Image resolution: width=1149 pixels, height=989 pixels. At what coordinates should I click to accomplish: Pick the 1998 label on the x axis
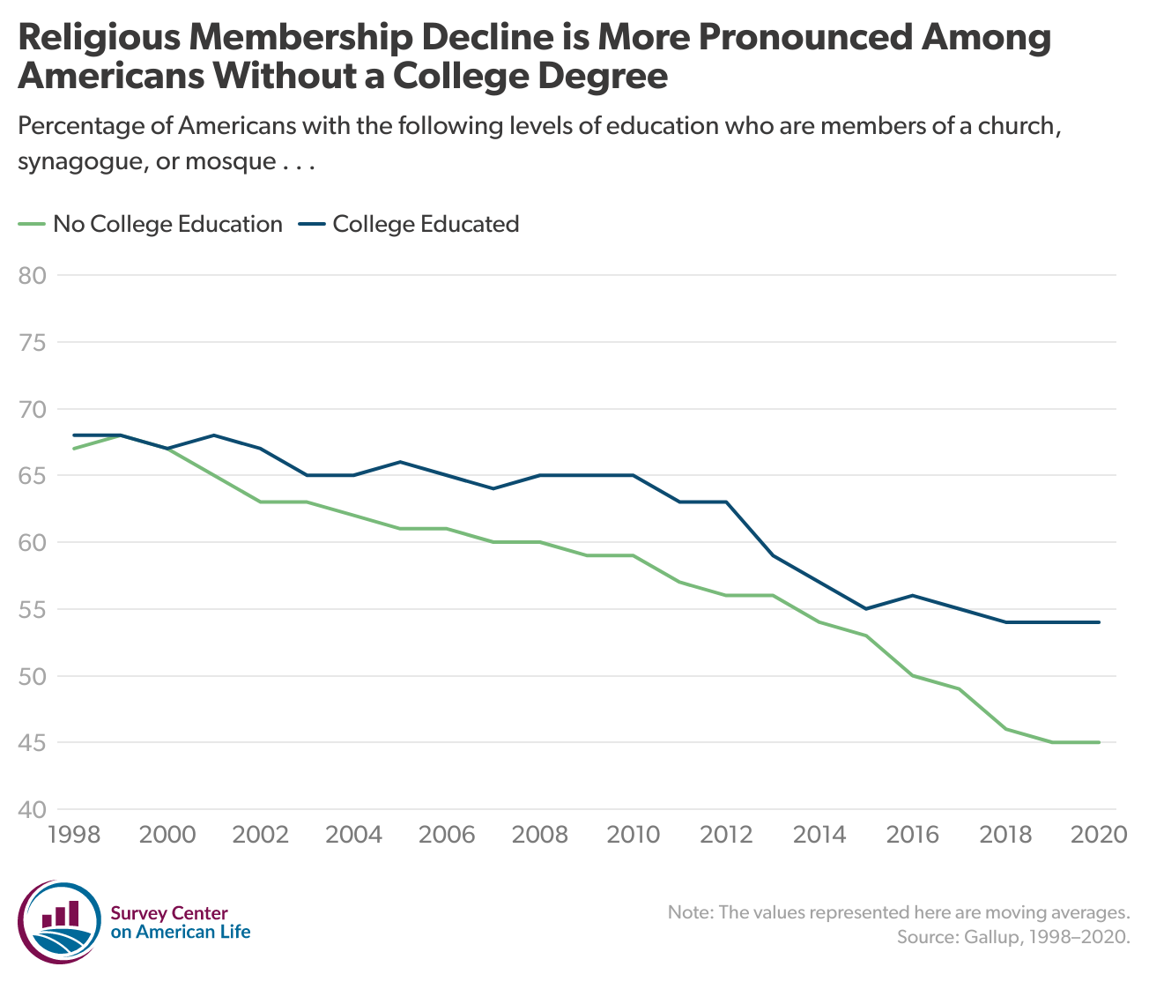click(x=74, y=834)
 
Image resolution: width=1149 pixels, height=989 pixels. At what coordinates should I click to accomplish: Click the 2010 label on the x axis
click(x=634, y=834)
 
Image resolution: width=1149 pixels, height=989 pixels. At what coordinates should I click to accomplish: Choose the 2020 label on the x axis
click(x=1099, y=834)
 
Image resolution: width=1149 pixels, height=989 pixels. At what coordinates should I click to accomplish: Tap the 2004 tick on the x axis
click(x=353, y=834)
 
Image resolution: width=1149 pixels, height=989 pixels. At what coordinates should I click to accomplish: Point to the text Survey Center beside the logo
click(x=169, y=913)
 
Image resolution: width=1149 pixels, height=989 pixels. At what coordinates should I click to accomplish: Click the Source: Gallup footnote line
click(x=1012, y=936)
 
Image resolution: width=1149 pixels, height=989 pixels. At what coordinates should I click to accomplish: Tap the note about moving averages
click(x=898, y=911)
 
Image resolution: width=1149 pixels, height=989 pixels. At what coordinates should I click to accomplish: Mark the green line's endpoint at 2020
click(x=1099, y=742)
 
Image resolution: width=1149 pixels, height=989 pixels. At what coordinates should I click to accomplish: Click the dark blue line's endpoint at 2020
click(x=1099, y=622)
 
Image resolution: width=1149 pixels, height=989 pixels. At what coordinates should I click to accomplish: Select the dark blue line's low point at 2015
click(x=866, y=609)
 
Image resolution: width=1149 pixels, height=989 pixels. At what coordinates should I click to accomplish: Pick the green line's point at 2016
click(x=913, y=675)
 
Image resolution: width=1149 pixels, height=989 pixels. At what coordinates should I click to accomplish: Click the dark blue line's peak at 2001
click(x=214, y=435)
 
